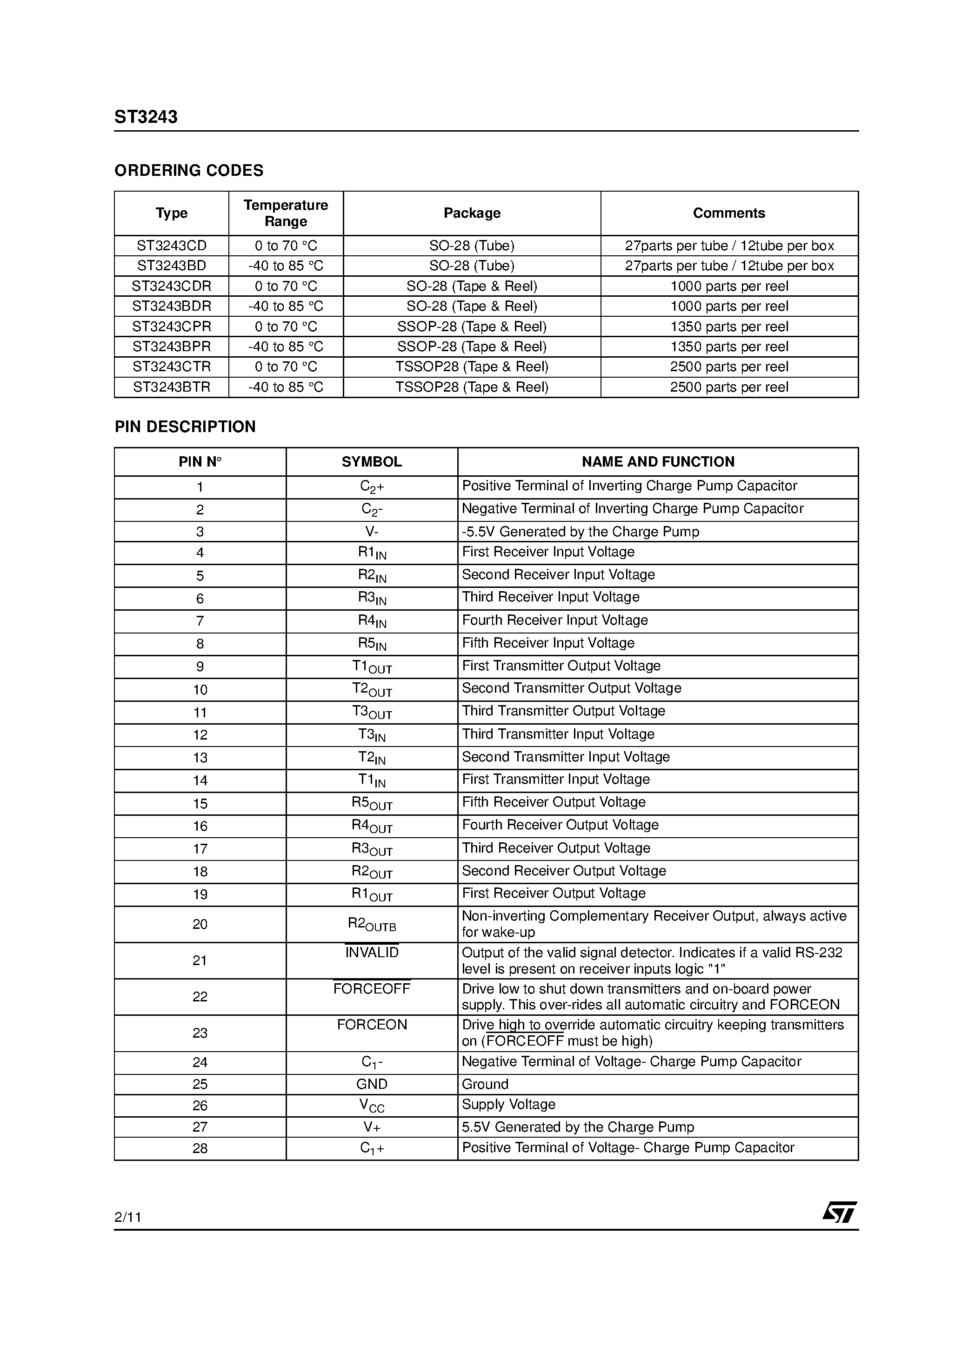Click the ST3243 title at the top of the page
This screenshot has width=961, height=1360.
(146, 117)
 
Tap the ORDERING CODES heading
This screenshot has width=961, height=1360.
(188, 171)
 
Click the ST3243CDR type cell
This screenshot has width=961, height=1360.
(171, 286)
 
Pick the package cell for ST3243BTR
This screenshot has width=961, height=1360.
(472, 387)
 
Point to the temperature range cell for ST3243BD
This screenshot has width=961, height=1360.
(286, 266)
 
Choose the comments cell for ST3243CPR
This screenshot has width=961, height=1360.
(729, 327)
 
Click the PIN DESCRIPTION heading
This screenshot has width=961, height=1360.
(185, 427)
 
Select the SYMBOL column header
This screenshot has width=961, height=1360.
(372, 462)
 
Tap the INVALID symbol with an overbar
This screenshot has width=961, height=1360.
(372, 953)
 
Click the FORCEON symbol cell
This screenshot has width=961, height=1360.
(372, 1025)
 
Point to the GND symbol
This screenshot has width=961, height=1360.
(372, 1084)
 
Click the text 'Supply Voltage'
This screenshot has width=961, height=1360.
(508, 1104)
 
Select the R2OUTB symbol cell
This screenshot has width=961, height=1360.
(372, 925)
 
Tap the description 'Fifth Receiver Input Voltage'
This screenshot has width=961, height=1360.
(547, 643)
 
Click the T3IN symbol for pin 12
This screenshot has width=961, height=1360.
(372, 735)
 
